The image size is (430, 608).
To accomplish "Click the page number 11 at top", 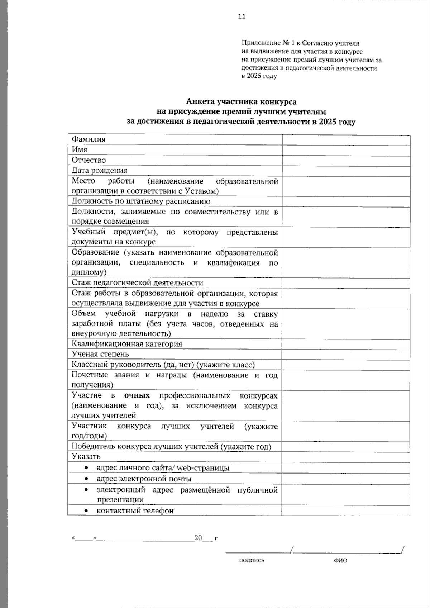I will [x=242, y=16].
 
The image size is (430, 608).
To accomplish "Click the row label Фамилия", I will [x=89, y=139].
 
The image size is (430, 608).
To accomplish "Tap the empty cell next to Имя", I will [x=346, y=150].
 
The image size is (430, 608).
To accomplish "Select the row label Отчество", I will [x=89, y=160].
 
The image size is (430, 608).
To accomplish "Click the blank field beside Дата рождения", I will [x=346, y=171].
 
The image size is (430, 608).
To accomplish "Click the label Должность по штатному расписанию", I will [x=141, y=201].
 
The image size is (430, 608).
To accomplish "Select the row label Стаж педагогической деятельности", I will [x=137, y=283].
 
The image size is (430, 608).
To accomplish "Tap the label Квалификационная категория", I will [x=127, y=344].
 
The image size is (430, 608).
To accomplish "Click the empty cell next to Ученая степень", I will [x=346, y=355].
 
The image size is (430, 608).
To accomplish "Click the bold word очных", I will [x=137, y=396].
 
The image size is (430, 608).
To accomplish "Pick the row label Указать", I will [x=86, y=457].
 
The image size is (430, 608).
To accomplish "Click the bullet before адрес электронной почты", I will [x=86, y=479].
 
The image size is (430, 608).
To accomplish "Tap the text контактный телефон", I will [x=135, y=511].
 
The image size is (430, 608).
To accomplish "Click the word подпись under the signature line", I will [x=252, y=560].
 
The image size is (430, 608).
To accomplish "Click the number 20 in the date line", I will [x=198, y=538].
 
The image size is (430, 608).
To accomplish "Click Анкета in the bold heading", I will [x=201, y=102].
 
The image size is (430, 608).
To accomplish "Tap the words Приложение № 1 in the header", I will [x=266, y=43].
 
